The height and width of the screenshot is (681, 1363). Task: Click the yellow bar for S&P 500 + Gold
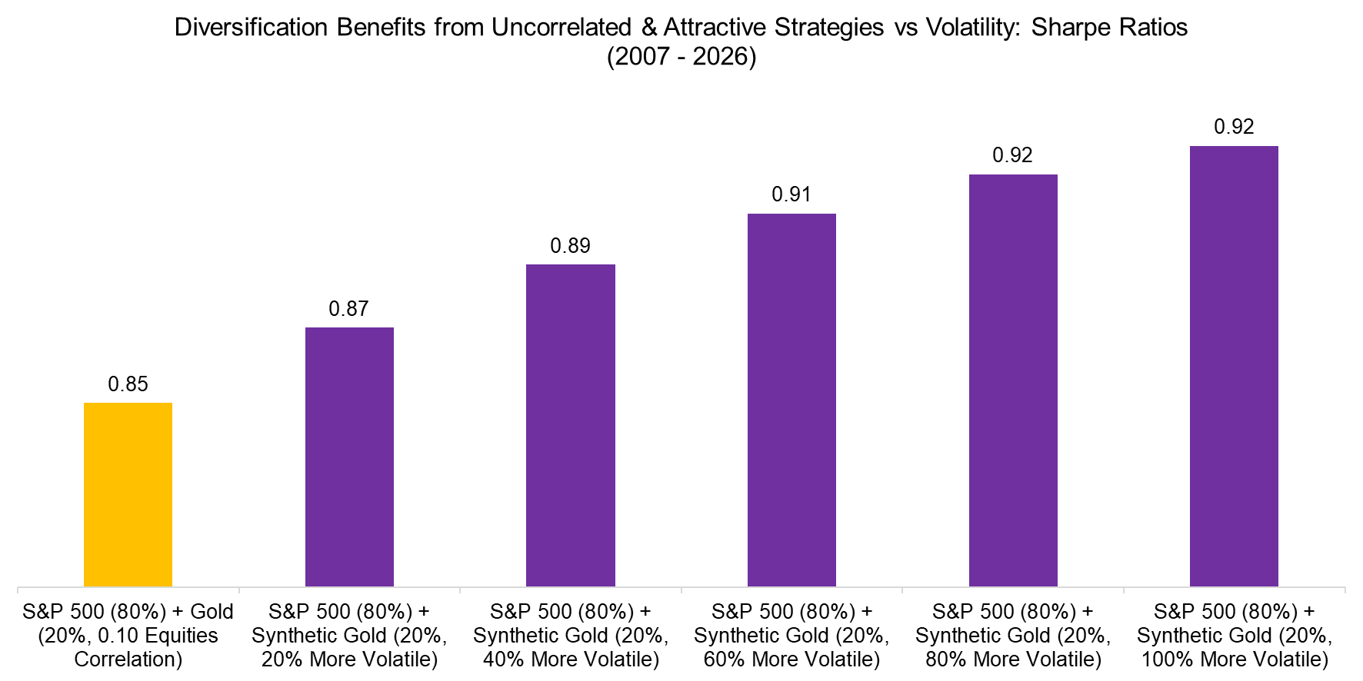point(128,494)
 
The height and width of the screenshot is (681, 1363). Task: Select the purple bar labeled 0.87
point(349,457)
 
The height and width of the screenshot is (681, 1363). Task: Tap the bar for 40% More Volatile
point(571,425)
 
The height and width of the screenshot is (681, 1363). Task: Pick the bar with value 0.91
point(791,400)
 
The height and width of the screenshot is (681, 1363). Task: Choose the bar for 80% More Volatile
point(1013,380)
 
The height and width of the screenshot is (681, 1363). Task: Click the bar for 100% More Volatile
point(1234,366)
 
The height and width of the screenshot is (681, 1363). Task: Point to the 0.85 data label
point(128,384)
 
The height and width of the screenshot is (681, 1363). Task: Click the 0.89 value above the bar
point(570,246)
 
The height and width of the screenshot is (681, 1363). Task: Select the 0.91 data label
point(791,194)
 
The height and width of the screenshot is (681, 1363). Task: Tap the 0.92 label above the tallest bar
point(1234,127)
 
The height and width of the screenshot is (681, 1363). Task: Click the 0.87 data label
point(348,309)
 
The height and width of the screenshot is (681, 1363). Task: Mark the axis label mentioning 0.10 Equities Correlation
point(128,636)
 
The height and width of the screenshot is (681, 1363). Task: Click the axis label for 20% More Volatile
point(349,636)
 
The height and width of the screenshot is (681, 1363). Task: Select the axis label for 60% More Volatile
point(791,636)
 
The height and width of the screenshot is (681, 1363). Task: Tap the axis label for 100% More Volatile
point(1234,636)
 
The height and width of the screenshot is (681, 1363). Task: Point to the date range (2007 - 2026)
point(681,57)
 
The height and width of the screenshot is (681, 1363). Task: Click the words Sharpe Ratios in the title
point(1108,28)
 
